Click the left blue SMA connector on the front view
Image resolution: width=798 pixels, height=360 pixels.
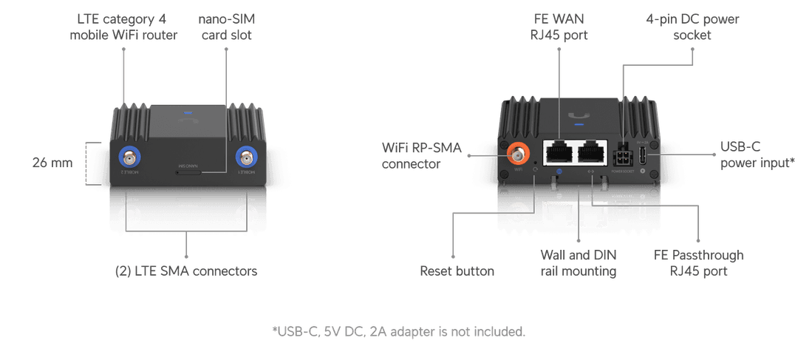tap(130, 157)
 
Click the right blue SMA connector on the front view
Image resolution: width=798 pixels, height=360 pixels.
tap(246, 157)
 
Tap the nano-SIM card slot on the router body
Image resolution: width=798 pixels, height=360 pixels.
tap(188, 171)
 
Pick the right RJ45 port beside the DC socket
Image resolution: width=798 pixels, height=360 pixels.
tap(593, 153)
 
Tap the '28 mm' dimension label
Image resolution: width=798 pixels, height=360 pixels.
tap(52, 162)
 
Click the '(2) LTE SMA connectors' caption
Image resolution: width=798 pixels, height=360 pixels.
tap(186, 271)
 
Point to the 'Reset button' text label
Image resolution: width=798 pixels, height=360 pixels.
tap(457, 271)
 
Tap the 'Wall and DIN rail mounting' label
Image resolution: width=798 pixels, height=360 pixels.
tap(578, 262)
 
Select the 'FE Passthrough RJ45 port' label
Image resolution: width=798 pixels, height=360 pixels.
tap(698, 262)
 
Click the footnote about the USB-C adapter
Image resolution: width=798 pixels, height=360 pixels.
tap(399, 330)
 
